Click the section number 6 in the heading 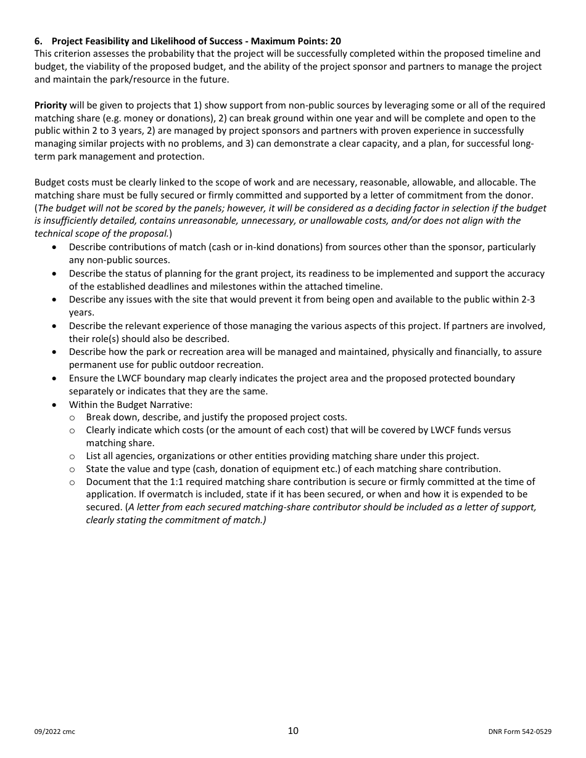pyautogui.click(x=38, y=41)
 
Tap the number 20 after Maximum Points pyautogui.click(x=335, y=41)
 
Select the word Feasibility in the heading pyautogui.click(x=107, y=41)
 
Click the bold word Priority pyautogui.click(x=51, y=105)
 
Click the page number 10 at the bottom pyautogui.click(x=293, y=731)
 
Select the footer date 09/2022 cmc pyautogui.click(x=55, y=732)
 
